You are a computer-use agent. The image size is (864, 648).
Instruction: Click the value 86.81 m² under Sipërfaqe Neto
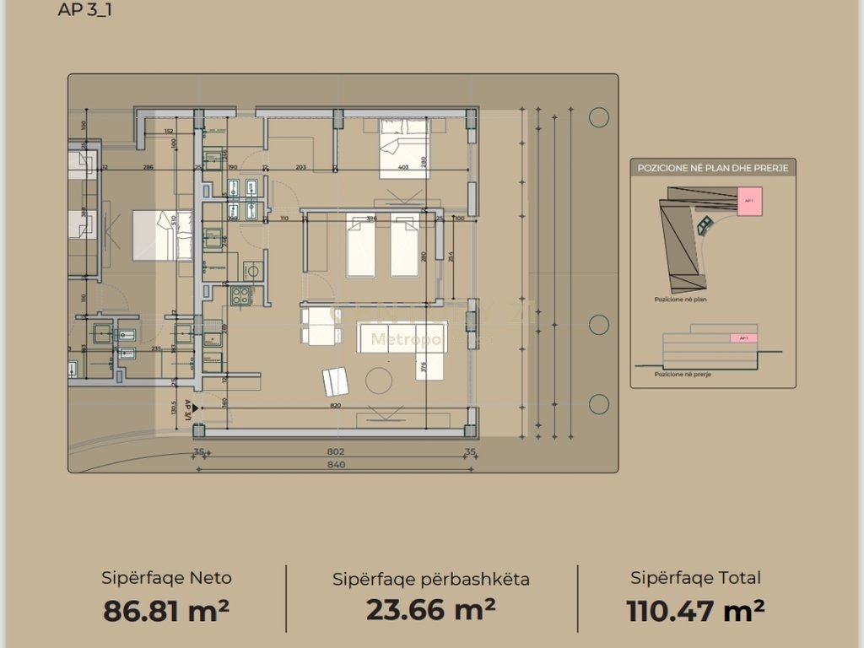pos(166,610)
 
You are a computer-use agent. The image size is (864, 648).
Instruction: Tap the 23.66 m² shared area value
pos(430,608)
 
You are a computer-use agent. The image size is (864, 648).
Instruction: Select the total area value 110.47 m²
pos(695,609)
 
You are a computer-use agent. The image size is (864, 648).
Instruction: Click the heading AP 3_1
pos(85,11)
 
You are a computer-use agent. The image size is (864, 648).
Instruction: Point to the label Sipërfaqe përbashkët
pos(430,579)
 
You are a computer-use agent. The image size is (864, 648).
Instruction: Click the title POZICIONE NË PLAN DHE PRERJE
pos(713,169)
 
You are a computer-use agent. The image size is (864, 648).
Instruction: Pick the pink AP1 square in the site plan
pos(748,202)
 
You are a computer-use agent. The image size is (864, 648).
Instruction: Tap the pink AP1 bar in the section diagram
pos(742,338)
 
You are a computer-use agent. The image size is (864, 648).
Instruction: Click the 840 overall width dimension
pos(336,463)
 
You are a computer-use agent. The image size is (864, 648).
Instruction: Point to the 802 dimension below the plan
pos(336,451)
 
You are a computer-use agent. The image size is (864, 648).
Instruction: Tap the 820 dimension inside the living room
pos(336,405)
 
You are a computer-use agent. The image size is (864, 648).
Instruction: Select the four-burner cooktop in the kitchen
pos(241,296)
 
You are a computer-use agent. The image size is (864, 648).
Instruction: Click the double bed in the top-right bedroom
pos(404,148)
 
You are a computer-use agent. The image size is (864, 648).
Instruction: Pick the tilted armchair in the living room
pos(335,381)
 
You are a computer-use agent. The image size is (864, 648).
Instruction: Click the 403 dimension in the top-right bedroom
pos(403,168)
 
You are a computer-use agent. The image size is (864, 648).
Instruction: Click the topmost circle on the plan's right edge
pos(599,117)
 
